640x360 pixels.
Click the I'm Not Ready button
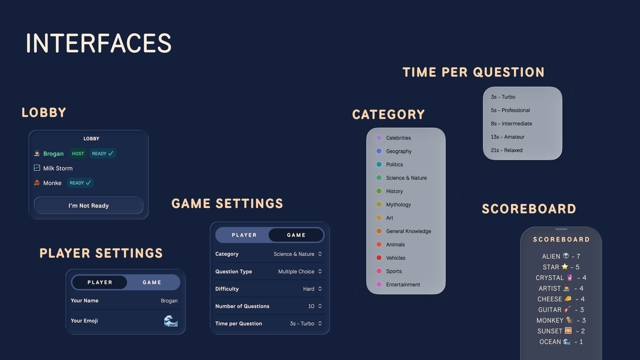coord(89,205)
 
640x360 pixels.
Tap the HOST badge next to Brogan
coord(78,153)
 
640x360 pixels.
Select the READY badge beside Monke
coord(80,183)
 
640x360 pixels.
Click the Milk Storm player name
coord(58,168)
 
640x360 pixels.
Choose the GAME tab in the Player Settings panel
coord(152,282)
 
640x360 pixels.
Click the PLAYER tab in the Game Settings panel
coord(244,235)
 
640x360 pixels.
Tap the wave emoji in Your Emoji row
coord(171,321)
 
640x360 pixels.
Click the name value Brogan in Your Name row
coord(169,301)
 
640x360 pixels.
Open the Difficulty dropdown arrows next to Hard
coord(320,289)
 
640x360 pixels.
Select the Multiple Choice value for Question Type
coord(296,271)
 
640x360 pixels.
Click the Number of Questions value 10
coord(311,306)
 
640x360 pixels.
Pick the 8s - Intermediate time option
coord(511,123)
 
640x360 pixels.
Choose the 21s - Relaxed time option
coord(507,150)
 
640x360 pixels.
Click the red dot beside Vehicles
coord(379,258)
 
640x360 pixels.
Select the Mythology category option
coord(398,204)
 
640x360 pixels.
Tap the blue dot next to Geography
coord(379,151)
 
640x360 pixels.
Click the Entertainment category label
coord(403,284)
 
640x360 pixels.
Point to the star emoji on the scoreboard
coord(565,267)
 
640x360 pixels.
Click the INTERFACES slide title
coord(99,43)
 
